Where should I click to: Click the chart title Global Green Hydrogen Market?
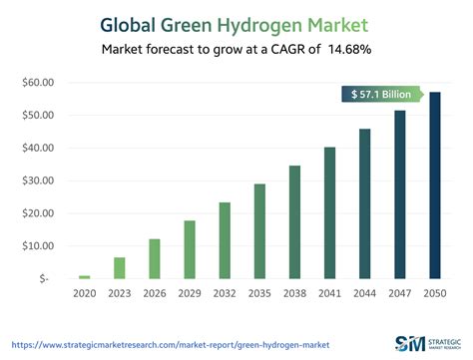coord(236,22)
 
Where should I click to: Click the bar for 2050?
coord(434,184)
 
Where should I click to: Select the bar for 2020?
coord(84,276)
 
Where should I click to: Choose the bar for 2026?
coord(154,258)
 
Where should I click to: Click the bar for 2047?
coord(399,194)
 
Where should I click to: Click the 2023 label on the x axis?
coord(119,293)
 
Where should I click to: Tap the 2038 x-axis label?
coord(294,293)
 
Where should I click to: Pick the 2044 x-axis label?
coord(364,293)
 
